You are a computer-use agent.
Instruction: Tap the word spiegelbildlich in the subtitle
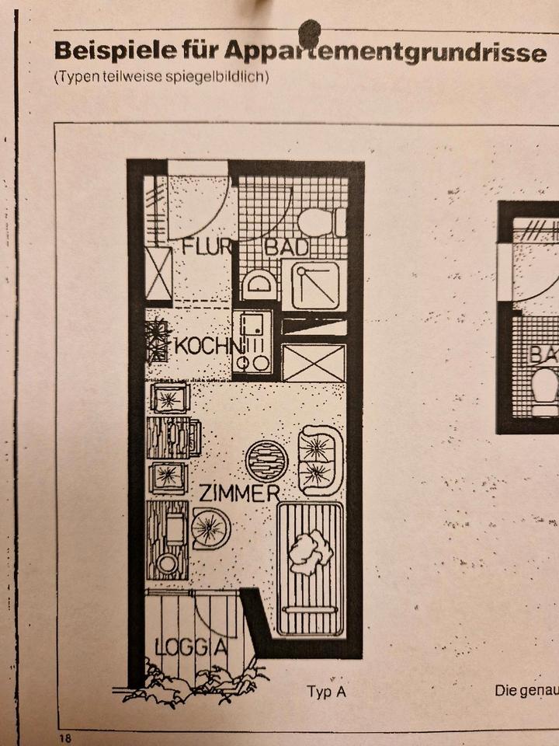224,78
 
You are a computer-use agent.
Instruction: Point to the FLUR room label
207,248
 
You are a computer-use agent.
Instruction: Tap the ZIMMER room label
238,493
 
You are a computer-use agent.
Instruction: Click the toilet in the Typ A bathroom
321,222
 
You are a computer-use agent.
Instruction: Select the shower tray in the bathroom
314,285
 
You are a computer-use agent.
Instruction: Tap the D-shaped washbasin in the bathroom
259,284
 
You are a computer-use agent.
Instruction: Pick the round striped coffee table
266,462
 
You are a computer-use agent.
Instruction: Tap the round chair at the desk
210,529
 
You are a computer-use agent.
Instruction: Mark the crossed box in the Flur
159,274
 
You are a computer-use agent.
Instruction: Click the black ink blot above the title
311,31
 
